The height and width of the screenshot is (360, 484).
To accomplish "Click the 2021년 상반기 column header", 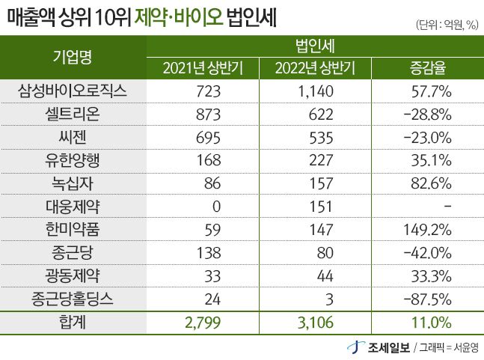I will point(202,70).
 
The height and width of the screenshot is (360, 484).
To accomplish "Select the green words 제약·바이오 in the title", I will point(179,16).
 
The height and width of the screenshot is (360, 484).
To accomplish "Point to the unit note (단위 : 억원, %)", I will point(446,25).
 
